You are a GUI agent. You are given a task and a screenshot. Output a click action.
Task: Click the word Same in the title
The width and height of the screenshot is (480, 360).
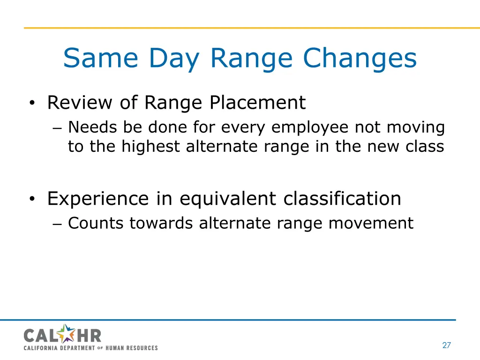click(x=100, y=59)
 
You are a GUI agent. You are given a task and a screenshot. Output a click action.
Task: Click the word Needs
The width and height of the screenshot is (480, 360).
click(x=93, y=127)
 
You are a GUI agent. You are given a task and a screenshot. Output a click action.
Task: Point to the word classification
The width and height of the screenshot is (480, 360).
click(x=342, y=199)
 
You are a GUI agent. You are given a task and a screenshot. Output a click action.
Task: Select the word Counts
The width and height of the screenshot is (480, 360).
click(x=96, y=223)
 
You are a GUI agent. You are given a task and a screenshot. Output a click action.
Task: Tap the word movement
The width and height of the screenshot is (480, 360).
click(x=371, y=223)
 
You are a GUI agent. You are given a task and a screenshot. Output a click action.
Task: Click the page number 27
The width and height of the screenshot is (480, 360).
click(x=446, y=345)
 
